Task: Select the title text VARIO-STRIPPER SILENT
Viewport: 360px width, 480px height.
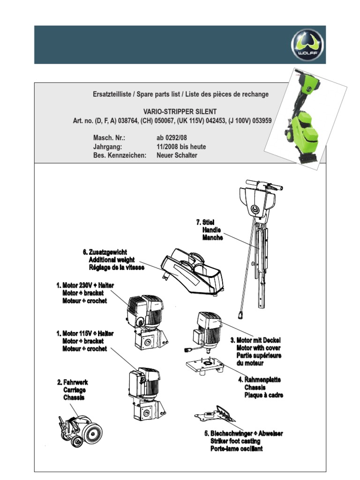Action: click(180, 112)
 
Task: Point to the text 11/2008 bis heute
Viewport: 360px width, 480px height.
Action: click(181, 147)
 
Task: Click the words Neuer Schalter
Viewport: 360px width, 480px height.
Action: click(177, 155)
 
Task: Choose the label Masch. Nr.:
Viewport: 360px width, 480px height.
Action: click(109, 138)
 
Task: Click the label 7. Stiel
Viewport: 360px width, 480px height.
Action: click(205, 221)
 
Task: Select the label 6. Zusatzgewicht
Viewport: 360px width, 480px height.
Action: click(105, 253)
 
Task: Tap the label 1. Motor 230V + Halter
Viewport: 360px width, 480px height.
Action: click(85, 285)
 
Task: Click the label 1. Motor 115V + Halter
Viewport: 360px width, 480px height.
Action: click(85, 333)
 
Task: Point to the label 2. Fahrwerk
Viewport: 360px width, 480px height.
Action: click(73, 382)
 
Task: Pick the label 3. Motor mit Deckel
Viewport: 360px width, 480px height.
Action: click(255, 339)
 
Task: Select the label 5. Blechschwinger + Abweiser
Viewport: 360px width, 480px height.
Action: click(247, 433)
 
